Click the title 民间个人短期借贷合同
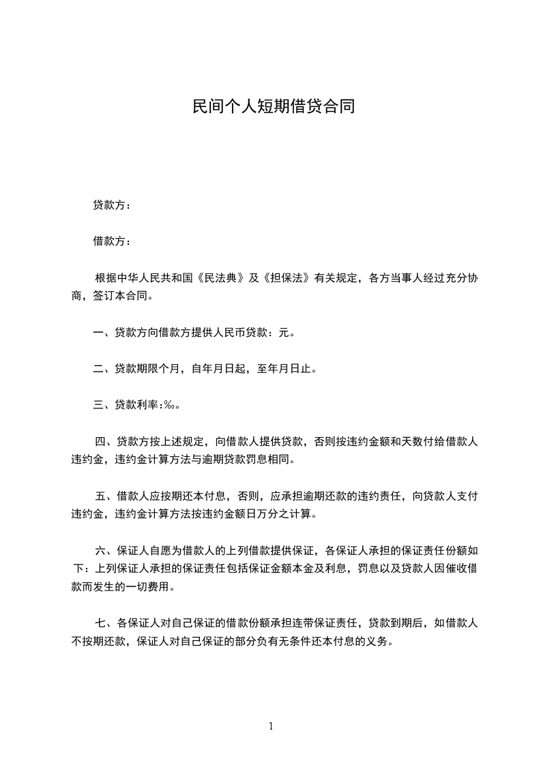coord(274,107)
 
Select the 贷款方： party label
coord(112,205)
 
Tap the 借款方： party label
coord(112,241)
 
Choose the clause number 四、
coord(106,442)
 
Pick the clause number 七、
coord(106,623)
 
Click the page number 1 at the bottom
coord(271,726)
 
